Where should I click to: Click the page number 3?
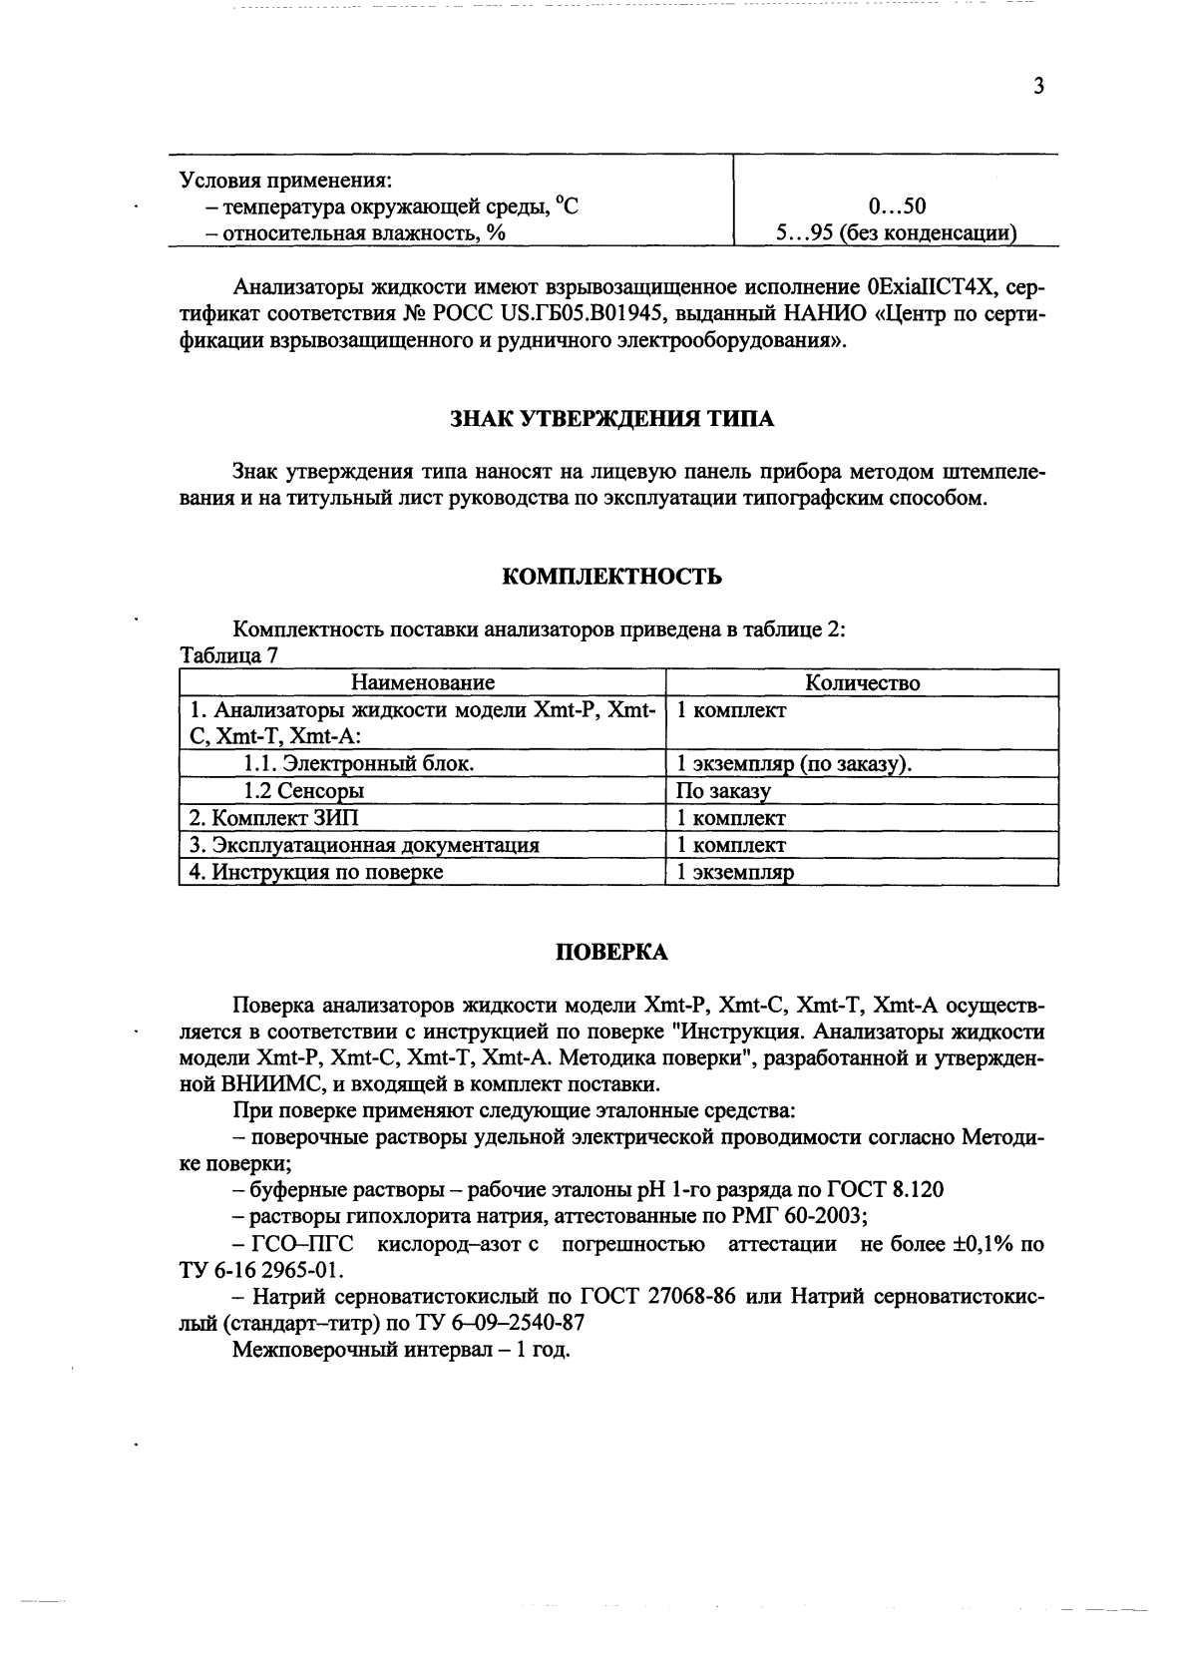click(1037, 87)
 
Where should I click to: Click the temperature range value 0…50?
click(897, 207)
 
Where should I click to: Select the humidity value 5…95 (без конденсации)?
click(897, 234)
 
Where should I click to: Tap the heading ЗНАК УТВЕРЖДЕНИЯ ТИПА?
click(611, 419)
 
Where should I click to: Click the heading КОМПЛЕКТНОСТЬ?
click(611, 577)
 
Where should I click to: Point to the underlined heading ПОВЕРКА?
click(611, 952)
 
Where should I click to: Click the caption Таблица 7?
click(228, 656)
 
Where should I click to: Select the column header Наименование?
click(423, 683)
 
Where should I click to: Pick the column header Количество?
click(862, 683)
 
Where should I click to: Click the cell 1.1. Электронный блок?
click(359, 764)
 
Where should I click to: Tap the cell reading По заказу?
click(723, 792)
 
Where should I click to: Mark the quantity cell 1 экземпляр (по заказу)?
click(795, 765)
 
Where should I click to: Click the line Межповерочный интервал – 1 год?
click(401, 1352)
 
